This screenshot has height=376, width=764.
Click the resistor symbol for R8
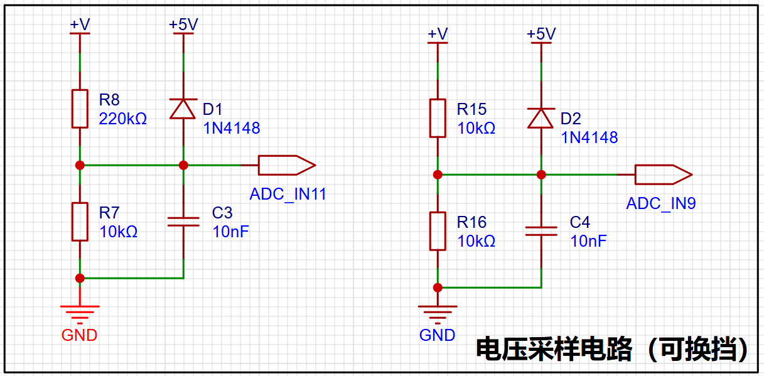pyautogui.click(x=80, y=109)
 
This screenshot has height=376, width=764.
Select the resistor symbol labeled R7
pyautogui.click(x=80, y=222)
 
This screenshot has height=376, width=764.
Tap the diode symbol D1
pyautogui.click(x=183, y=109)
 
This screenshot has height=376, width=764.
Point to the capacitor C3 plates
pyautogui.click(x=183, y=222)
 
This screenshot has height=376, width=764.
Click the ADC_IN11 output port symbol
pyautogui.click(x=287, y=165)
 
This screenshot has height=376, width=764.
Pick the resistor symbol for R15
pyautogui.click(x=438, y=118)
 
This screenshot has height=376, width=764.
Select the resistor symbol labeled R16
pyautogui.click(x=438, y=231)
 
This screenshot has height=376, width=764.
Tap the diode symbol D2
pyautogui.click(x=541, y=118)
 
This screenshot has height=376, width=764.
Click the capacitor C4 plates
pyautogui.click(x=541, y=232)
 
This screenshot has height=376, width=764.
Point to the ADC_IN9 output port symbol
pyautogui.click(x=664, y=175)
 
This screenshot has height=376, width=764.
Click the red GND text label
pyautogui.click(x=79, y=335)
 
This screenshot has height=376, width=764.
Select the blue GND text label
pyautogui.click(x=437, y=335)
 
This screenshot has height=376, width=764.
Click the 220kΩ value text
pyautogui.click(x=123, y=119)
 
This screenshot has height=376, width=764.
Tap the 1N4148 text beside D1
pyautogui.click(x=232, y=128)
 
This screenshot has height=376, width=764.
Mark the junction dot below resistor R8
pyautogui.click(x=80, y=165)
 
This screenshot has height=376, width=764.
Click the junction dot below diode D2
pyautogui.click(x=541, y=175)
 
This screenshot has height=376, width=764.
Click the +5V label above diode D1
pyautogui.click(x=183, y=24)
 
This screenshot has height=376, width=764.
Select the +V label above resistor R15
pyautogui.click(x=438, y=34)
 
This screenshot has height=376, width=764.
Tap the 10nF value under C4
pyautogui.click(x=588, y=241)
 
